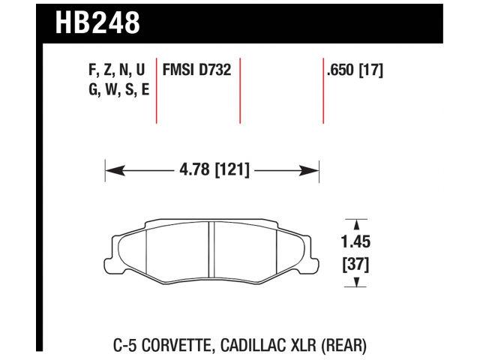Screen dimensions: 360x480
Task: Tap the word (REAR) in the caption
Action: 343,346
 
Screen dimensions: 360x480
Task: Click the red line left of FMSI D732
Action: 156,90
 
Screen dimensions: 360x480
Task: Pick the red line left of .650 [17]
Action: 322,90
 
